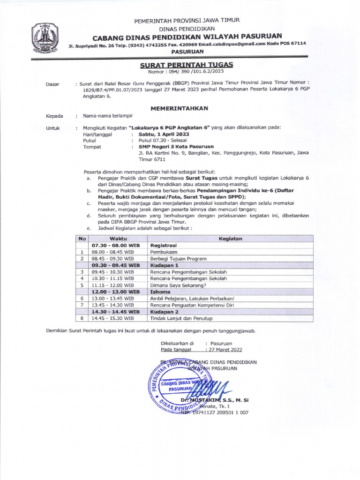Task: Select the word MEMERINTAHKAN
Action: coord(180,108)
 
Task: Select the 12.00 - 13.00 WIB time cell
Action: coord(115,291)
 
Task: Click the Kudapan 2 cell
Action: coord(164,311)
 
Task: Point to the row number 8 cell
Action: coord(82,318)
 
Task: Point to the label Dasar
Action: coord(52,84)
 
